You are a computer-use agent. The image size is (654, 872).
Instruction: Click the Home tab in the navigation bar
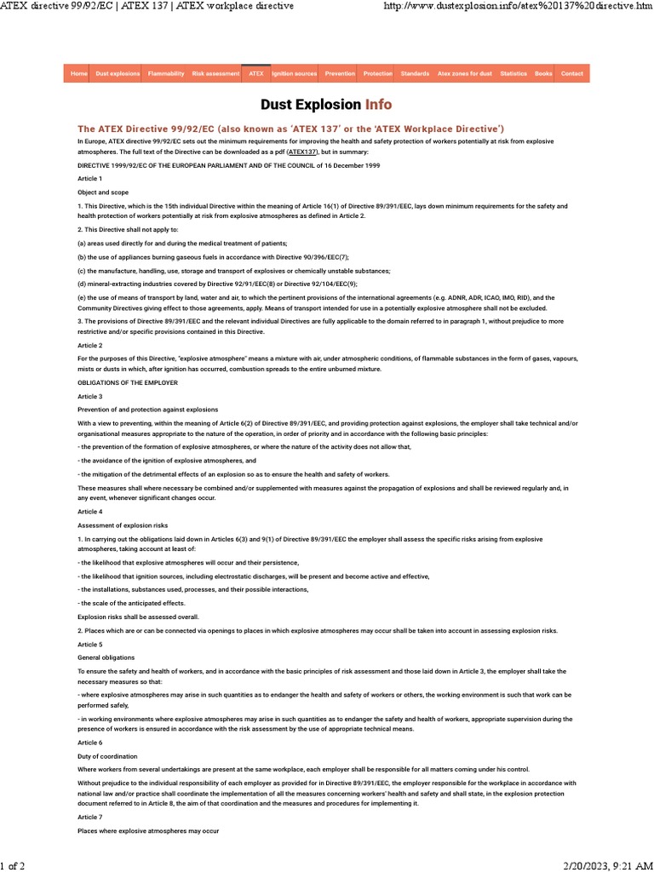tap(79, 74)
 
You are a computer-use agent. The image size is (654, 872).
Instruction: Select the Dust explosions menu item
tap(118, 74)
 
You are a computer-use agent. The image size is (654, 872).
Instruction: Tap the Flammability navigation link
tap(166, 74)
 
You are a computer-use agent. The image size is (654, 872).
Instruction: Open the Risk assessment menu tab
tap(215, 74)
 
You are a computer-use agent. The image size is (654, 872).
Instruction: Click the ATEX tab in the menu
tap(255, 74)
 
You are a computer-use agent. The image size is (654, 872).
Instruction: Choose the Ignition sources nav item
tap(295, 74)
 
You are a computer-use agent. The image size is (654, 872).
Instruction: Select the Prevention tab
tap(340, 74)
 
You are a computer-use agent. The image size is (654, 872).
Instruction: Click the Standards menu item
tap(415, 74)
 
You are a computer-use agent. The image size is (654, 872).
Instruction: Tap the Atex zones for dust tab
tap(465, 74)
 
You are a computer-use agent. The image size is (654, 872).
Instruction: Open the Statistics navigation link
tap(513, 74)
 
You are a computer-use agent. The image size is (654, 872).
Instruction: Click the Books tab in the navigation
tap(543, 74)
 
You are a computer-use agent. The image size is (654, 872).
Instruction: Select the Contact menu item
tap(572, 74)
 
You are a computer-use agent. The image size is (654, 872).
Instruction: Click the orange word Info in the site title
tap(378, 105)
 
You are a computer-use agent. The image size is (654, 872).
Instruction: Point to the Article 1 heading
tap(89, 179)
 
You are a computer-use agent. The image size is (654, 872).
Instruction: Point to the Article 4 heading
tap(89, 511)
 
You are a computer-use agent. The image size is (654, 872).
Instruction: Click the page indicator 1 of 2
tap(13, 865)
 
